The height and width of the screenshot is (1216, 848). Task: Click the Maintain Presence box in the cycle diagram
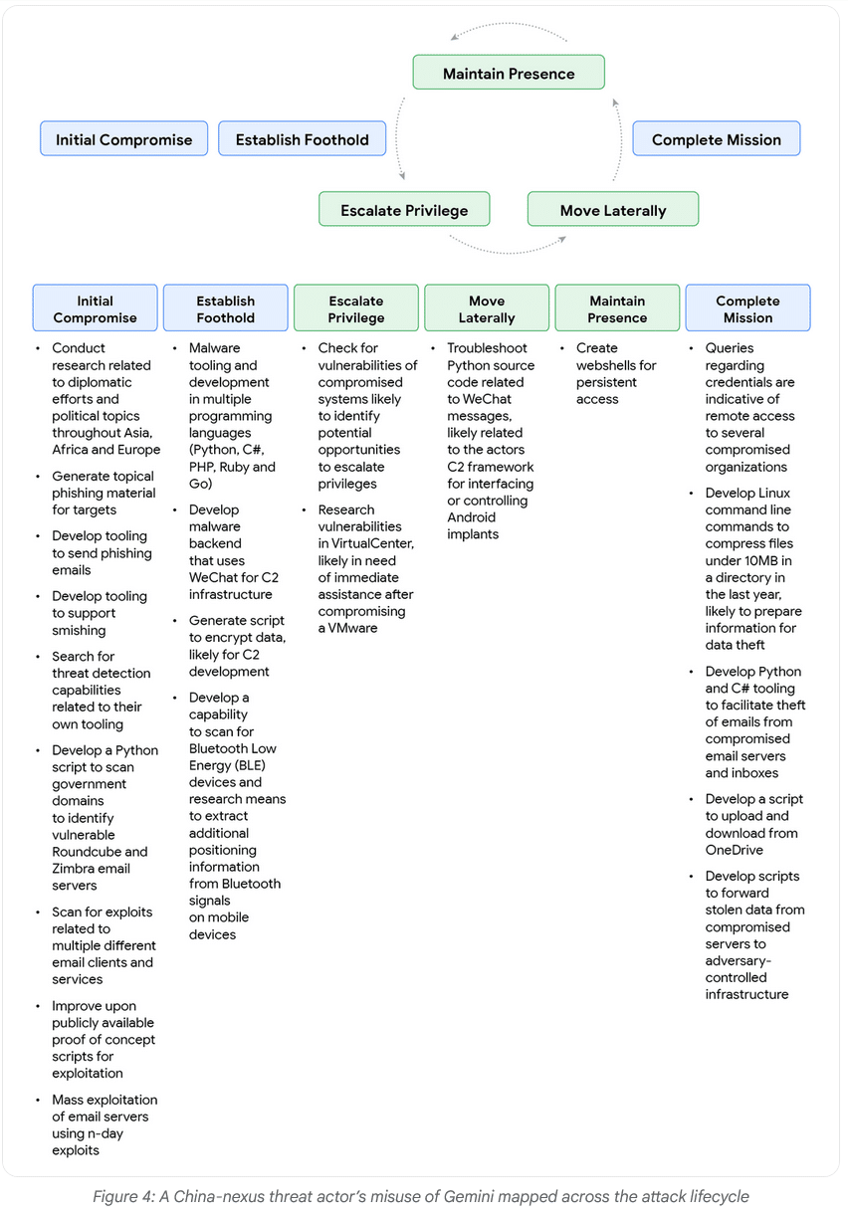509,74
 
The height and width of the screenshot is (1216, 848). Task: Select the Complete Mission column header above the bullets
747,308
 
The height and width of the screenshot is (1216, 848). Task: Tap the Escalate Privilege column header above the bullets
355,308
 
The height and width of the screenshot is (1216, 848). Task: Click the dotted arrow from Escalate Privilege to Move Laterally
508,248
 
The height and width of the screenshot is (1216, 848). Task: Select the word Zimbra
74,869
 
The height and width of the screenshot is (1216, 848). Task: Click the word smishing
79,630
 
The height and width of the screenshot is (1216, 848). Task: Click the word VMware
354,629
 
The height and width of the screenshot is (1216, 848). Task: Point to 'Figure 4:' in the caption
122,1197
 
